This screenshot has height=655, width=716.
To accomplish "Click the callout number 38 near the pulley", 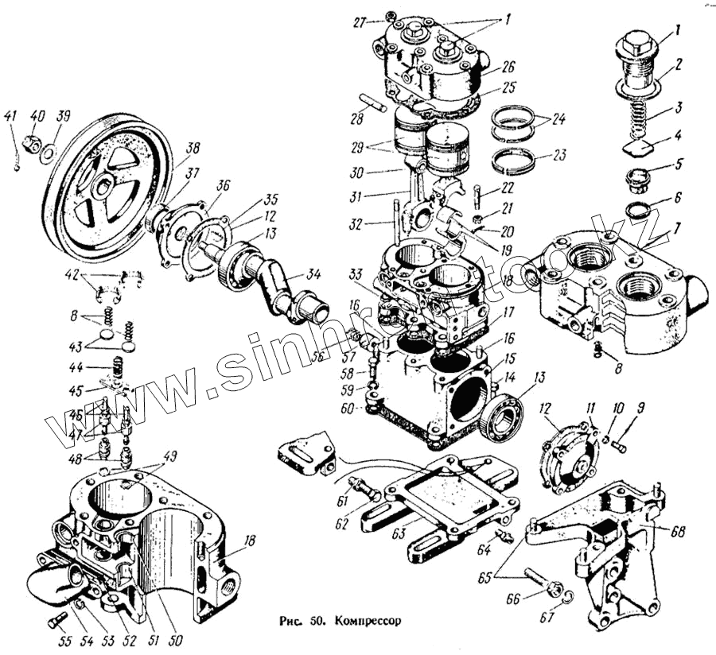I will [193, 148].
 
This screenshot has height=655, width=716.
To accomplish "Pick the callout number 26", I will [509, 68].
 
